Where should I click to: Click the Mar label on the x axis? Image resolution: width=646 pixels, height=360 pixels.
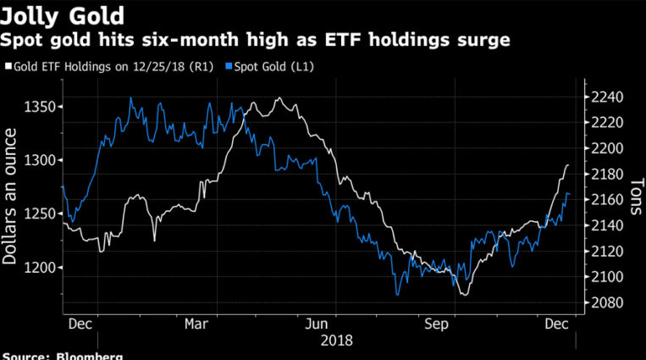pyautogui.click(x=196, y=324)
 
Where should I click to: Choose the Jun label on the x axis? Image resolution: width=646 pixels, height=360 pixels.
pyautogui.click(x=316, y=324)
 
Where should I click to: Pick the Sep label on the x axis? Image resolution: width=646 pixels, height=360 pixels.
pyautogui.click(x=437, y=324)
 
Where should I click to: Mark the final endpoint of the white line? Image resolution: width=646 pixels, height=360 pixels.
pyautogui.click(x=568, y=165)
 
